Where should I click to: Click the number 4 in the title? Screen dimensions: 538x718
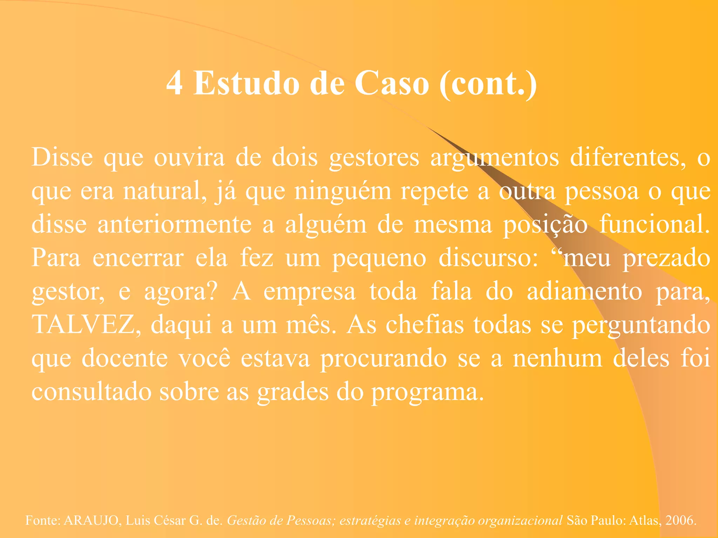tap(174, 84)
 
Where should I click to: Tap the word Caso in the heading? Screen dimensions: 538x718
tap(392, 84)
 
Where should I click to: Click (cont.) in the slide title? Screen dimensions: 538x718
tap(488, 84)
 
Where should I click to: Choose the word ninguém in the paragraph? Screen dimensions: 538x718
tap(343, 192)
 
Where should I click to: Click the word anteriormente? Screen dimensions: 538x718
tap(174, 225)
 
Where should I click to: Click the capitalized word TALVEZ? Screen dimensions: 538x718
tap(84, 325)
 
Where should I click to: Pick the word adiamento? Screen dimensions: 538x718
tap(584, 291)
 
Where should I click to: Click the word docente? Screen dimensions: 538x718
tap(125, 358)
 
